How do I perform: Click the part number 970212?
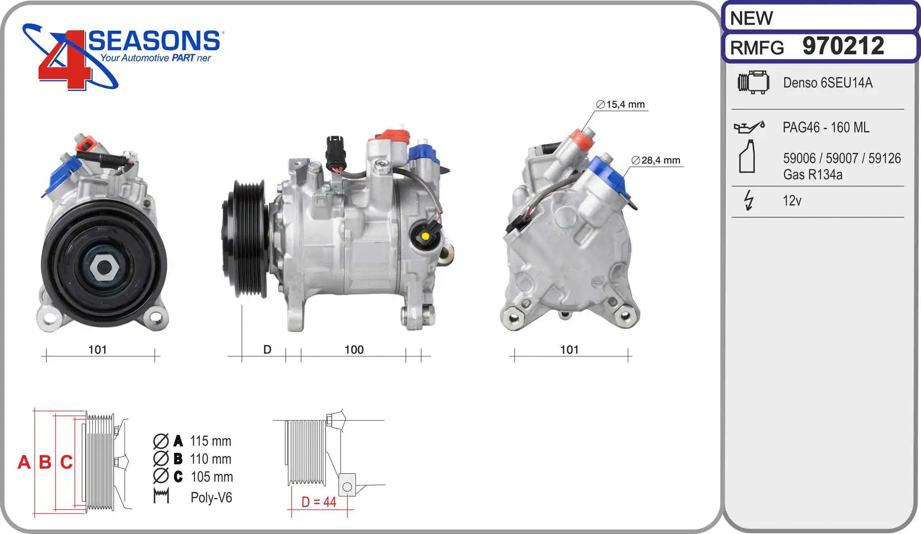(x=843, y=46)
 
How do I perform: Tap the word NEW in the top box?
(x=751, y=18)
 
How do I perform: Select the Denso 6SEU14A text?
(x=828, y=83)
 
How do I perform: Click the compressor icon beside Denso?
(x=753, y=82)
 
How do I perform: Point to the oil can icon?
(x=749, y=127)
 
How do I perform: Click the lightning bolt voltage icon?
(x=749, y=200)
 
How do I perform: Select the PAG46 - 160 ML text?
(x=826, y=128)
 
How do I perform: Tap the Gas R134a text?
(x=812, y=175)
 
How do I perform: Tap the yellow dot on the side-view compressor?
(x=425, y=236)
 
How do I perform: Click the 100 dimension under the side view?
(x=354, y=350)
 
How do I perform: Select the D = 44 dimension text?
(x=319, y=502)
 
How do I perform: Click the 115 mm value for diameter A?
(x=210, y=441)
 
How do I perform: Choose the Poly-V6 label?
(x=211, y=497)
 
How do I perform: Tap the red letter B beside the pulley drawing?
(x=45, y=462)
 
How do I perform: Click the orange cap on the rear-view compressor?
(x=582, y=139)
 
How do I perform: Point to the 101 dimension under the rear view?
(x=569, y=350)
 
